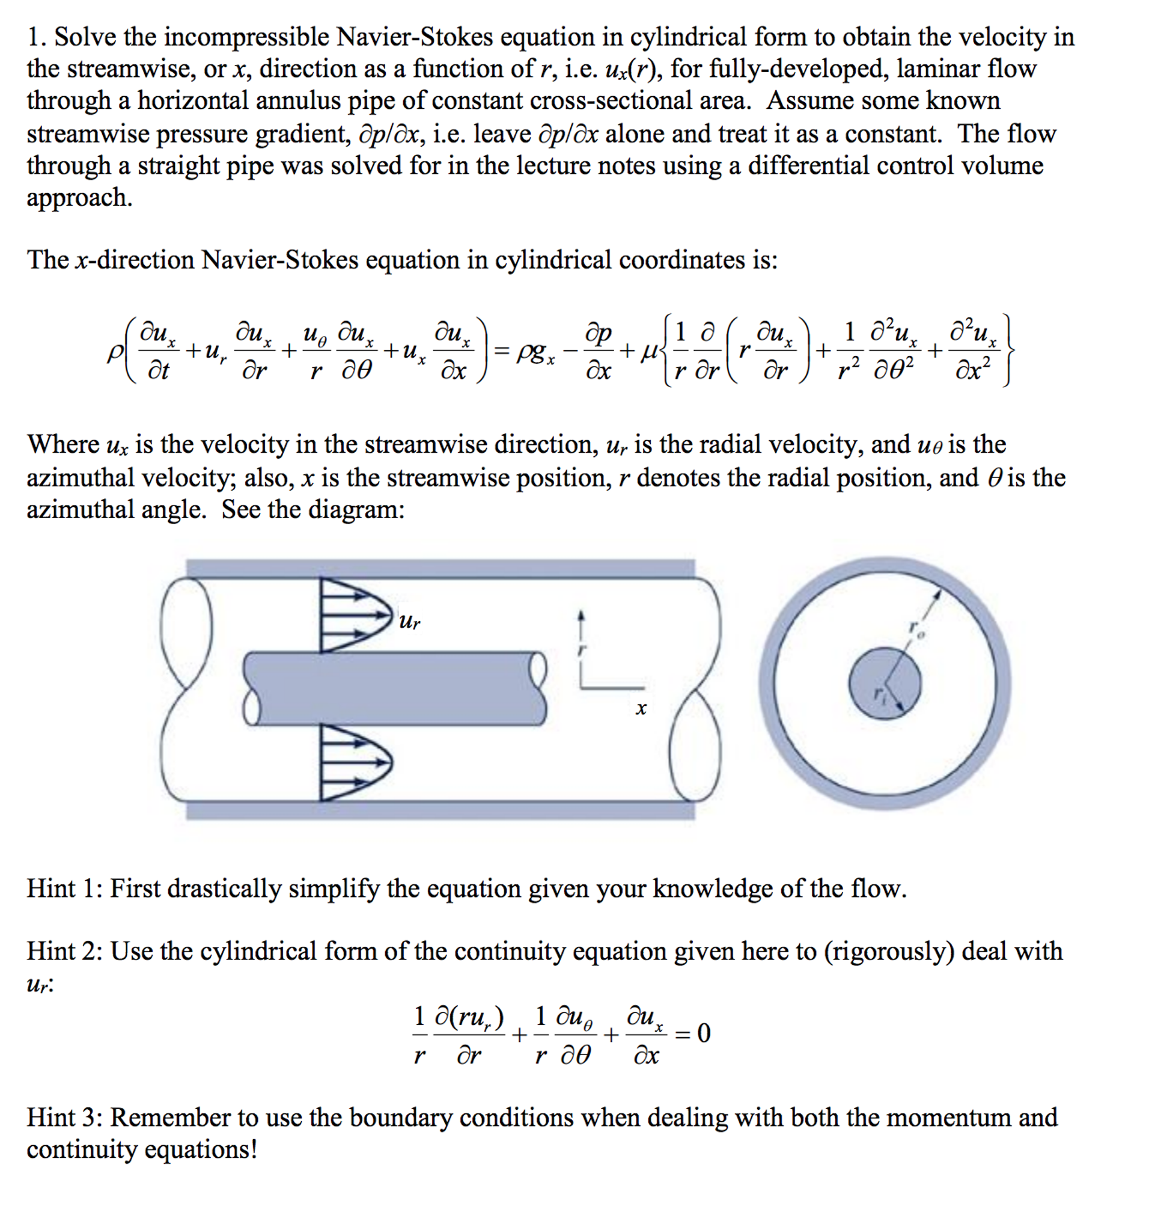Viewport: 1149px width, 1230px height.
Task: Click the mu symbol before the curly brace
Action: [x=648, y=353]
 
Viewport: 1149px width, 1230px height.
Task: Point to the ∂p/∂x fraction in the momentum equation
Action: [x=597, y=353]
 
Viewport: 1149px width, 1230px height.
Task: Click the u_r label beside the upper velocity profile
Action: [x=409, y=620]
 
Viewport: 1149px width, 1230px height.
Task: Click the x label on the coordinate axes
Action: [x=641, y=708]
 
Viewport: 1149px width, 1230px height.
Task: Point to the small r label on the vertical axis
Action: [x=580, y=650]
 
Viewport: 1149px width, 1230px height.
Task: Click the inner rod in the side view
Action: [x=396, y=688]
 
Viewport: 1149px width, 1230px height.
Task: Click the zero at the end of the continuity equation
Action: [x=703, y=1033]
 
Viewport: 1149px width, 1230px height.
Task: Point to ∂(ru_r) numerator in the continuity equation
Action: [x=468, y=1017]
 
